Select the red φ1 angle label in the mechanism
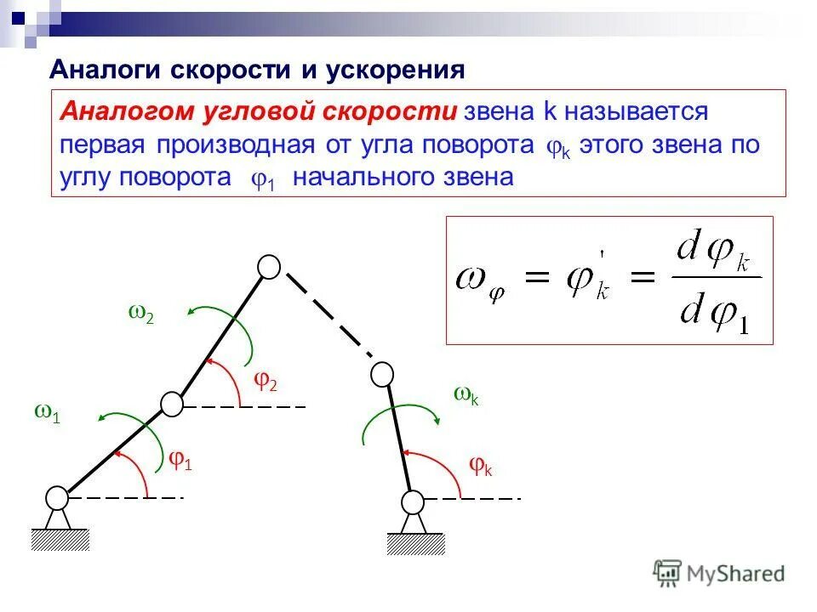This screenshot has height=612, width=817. pyautogui.click(x=180, y=461)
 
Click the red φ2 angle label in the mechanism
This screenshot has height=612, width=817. pyautogui.click(x=266, y=381)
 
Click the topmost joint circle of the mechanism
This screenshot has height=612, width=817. pyautogui.click(x=269, y=267)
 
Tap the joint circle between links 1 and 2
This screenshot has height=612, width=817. pyautogui.click(x=172, y=404)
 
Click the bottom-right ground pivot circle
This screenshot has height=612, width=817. pyautogui.click(x=413, y=501)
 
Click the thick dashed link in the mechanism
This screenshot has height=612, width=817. pyautogui.click(x=329, y=314)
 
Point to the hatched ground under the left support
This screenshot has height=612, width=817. pyautogui.click(x=60, y=539)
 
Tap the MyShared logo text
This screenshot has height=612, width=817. pyautogui.click(x=733, y=574)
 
